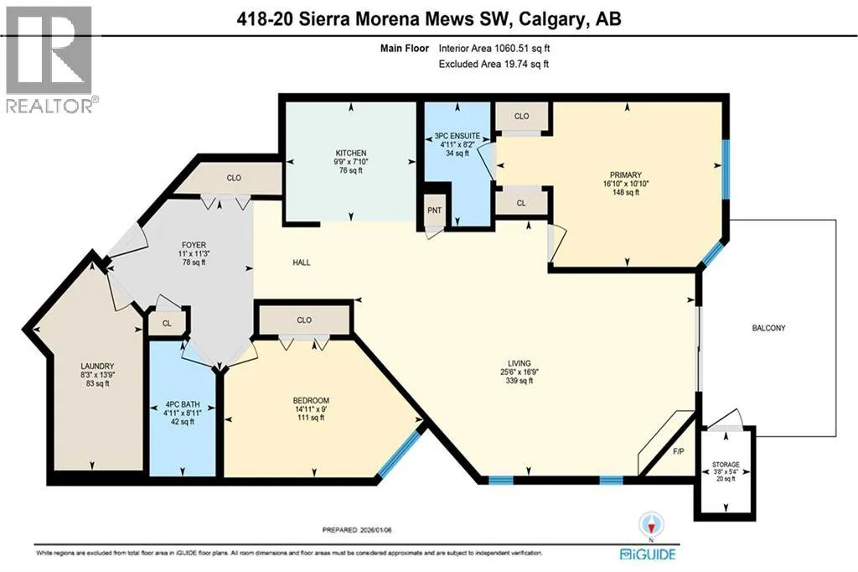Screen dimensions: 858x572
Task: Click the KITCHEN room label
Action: pos(351,153)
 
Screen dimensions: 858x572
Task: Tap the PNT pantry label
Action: pos(435,211)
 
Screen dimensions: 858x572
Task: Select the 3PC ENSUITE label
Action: pos(457,136)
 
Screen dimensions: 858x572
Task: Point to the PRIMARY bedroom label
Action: pos(625,175)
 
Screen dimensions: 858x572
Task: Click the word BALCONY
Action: pos(768,328)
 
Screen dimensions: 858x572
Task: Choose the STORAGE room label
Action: pos(726,465)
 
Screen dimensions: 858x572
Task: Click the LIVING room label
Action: pos(519,363)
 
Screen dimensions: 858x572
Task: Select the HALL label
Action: pos(302,263)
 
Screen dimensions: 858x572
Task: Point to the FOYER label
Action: pos(194,245)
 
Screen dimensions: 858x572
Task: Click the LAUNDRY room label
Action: pos(97,366)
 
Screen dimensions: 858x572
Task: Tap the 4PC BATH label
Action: pos(183,404)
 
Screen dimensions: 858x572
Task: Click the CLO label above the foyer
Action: pos(234,178)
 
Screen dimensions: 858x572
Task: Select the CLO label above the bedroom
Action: pos(304,320)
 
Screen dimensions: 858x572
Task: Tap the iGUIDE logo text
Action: pos(648,554)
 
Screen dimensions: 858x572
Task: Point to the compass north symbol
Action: pos(651,524)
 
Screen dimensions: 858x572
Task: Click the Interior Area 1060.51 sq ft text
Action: pos(494,48)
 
